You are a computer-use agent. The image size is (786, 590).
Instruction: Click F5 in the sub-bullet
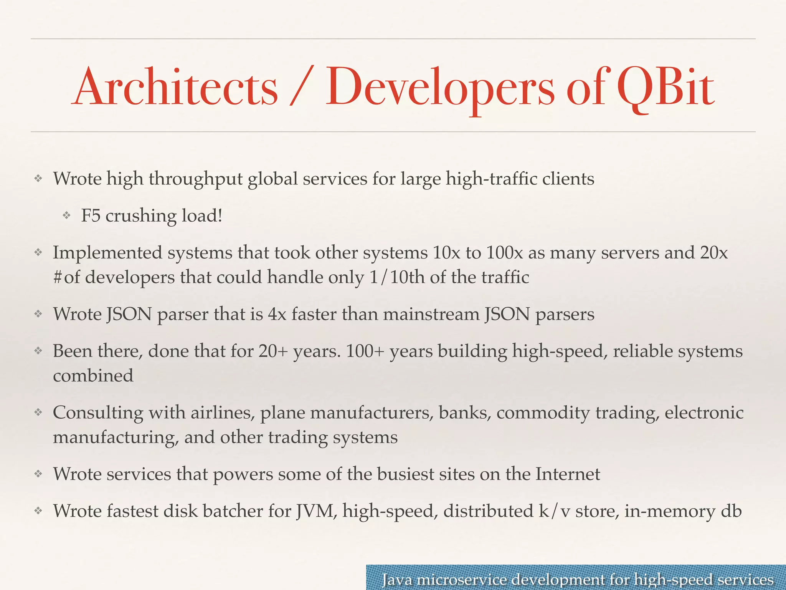[91, 216]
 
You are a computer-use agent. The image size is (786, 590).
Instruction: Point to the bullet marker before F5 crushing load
[67, 216]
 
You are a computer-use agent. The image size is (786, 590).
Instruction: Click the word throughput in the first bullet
[196, 179]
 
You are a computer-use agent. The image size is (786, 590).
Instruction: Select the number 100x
[504, 253]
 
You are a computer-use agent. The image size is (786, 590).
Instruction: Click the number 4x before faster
[277, 314]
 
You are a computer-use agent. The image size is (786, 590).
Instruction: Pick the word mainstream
[431, 314]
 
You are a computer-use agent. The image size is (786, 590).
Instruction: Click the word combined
[93, 376]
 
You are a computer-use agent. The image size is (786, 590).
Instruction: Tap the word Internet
[568, 474]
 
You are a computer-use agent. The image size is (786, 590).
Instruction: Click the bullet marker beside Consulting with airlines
[38, 413]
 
